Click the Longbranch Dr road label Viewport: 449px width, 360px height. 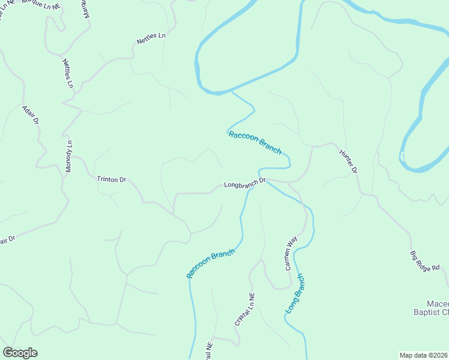pos(244,184)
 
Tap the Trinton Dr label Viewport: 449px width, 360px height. pos(112,179)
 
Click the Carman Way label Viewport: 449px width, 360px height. pos(291,253)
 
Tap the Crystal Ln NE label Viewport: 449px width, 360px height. pos(245,310)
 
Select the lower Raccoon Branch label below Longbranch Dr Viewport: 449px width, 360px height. pos(209,263)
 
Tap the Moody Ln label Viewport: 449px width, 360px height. pos(68,157)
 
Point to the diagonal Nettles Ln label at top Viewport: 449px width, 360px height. pos(151,39)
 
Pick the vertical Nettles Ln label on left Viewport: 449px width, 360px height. pos(67,74)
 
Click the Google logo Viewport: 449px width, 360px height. pos(20,353)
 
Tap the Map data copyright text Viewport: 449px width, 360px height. pos(423,355)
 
